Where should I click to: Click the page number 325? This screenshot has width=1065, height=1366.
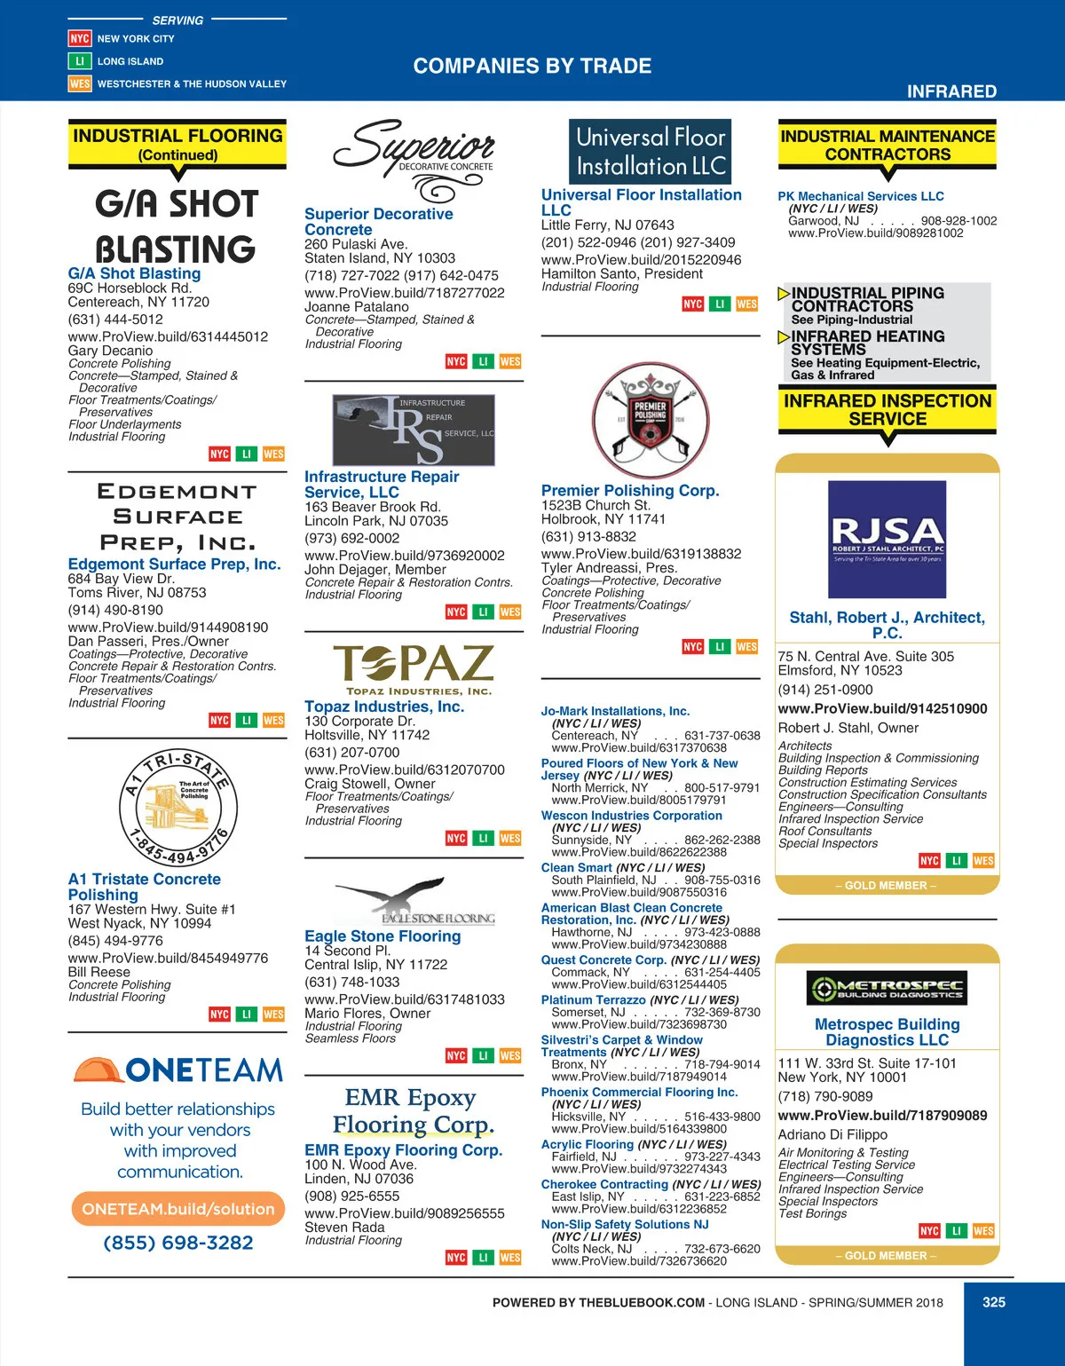(993, 1302)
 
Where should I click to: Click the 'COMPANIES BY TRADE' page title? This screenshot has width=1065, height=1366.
(532, 66)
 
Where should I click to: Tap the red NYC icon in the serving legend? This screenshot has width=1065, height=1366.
(80, 38)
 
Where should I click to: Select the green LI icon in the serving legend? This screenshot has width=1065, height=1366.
(80, 61)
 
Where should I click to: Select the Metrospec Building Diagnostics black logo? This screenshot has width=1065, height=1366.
(887, 988)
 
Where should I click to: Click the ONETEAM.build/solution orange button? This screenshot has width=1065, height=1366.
(178, 1209)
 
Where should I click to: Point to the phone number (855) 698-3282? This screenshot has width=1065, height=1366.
(178, 1243)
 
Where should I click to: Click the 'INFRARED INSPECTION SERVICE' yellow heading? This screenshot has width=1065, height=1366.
(887, 410)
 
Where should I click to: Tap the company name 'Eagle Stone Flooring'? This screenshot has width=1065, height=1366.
(383, 936)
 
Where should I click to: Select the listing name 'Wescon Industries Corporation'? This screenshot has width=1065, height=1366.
(631, 815)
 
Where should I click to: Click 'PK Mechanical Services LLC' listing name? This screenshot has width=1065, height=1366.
(861, 196)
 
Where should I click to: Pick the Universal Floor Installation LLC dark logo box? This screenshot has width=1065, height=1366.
(651, 152)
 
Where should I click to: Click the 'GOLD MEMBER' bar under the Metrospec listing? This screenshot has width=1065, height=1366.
(887, 1256)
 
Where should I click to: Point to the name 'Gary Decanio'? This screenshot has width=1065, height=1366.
(110, 351)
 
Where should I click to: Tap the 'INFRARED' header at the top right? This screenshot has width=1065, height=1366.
(951, 91)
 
